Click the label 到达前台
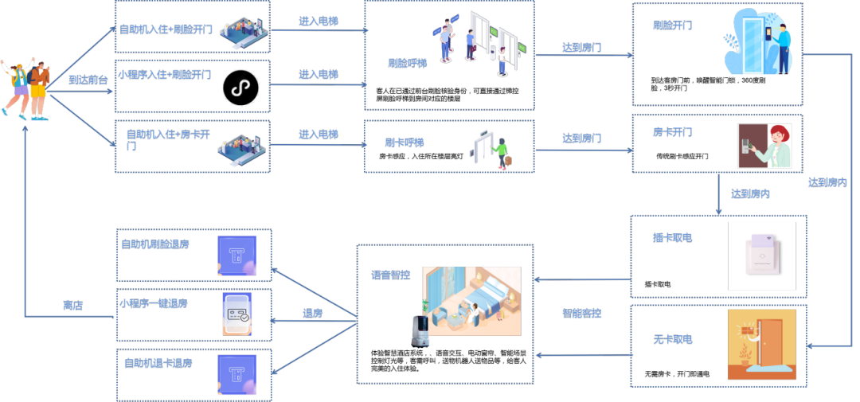click(x=88, y=80)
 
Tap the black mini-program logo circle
click(x=240, y=88)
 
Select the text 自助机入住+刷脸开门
click(x=166, y=30)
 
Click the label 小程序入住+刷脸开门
click(x=164, y=75)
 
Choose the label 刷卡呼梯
click(x=405, y=143)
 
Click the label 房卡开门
click(x=672, y=132)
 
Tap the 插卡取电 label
click(x=672, y=237)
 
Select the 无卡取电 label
click(x=672, y=340)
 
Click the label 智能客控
click(x=582, y=314)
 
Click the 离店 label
click(x=73, y=306)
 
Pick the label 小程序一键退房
click(x=154, y=304)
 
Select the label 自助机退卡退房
click(x=158, y=363)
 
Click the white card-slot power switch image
click(x=761, y=255)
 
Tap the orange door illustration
click(x=761, y=344)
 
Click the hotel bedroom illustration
click(x=471, y=300)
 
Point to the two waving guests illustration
click(x=27, y=88)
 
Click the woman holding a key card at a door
click(x=764, y=145)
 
